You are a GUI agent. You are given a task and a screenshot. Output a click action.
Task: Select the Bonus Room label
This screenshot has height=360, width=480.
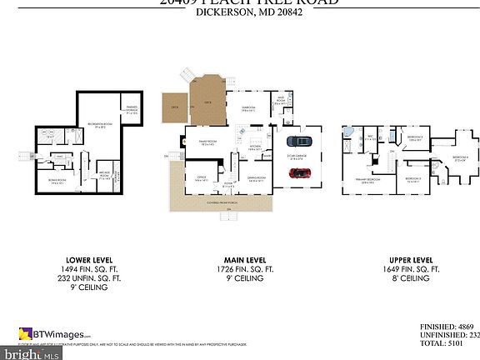pos(57,181)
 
